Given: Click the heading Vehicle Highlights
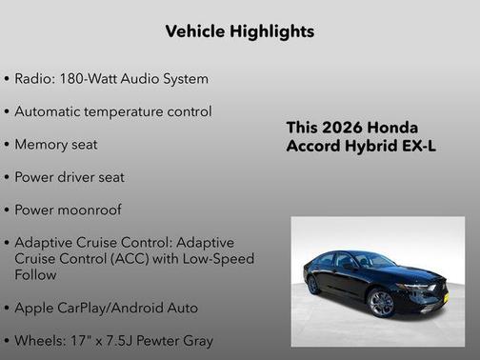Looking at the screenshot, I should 239,31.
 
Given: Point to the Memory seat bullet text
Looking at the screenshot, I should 56,145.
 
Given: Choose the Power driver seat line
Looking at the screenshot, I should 70,177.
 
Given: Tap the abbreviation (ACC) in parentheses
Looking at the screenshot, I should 148,258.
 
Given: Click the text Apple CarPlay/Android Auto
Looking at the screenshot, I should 107,308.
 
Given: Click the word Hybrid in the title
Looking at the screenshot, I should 368,147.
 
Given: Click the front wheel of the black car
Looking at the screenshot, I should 381,303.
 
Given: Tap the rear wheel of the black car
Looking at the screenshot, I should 313,284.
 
